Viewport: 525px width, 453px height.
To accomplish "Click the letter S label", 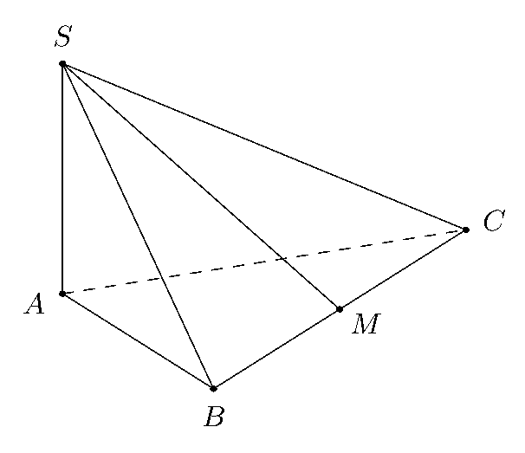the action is (63, 36).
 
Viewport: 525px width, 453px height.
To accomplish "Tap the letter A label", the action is (34, 304).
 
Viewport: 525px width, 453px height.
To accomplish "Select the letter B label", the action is (214, 416).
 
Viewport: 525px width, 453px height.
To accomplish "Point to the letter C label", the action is (494, 220).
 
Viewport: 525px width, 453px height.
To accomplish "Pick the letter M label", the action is (366, 323).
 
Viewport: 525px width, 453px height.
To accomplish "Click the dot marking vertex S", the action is (62, 63).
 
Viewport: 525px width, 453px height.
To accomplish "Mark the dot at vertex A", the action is (62, 294).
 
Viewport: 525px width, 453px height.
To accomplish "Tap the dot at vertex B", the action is (214, 388).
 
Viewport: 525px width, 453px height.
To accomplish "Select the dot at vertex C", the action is (466, 230).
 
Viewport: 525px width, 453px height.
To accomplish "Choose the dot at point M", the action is (340, 309).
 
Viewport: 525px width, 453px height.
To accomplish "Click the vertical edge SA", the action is (62, 178).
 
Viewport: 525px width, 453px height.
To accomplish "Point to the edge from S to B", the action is (138, 226).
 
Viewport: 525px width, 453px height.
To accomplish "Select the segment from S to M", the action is (201, 186).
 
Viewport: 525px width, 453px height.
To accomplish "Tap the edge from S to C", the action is (264, 146).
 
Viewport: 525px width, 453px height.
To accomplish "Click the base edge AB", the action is (138, 341).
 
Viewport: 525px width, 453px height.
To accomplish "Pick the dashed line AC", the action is (264, 262).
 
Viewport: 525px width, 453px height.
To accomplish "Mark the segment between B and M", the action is (276, 348).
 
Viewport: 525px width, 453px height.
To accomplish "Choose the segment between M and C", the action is (403, 269).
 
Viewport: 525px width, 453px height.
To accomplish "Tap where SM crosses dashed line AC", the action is (283, 259).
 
